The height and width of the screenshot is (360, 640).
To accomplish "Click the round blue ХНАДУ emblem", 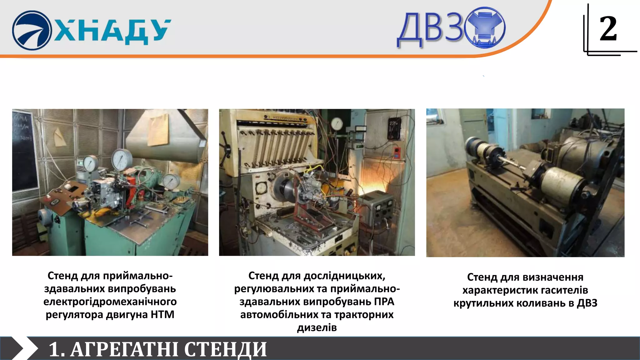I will click(32, 30).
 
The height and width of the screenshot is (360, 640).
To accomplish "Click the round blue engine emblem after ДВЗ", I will click(485, 27).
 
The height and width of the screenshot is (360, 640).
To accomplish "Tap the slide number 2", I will click(608, 29).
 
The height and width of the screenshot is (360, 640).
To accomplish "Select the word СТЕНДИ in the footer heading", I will click(225, 349).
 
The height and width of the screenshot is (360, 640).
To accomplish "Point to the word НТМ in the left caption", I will click(162, 314).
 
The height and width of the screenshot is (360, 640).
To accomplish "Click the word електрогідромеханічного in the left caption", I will click(110, 302).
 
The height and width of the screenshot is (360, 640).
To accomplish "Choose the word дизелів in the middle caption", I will click(317, 327).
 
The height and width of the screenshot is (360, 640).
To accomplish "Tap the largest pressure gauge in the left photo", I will click(122, 160).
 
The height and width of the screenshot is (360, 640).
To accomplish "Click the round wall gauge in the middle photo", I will click(337, 124).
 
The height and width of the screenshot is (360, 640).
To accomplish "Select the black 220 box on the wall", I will click(394, 128).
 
